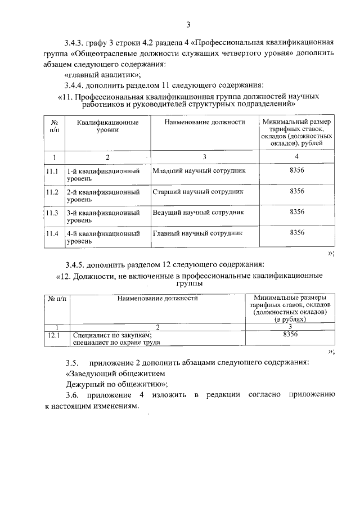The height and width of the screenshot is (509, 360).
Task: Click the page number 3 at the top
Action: [x=188, y=24]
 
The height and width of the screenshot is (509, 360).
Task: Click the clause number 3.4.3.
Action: [x=74, y=43]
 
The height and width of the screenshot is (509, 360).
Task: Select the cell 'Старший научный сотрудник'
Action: [x=198, y=192]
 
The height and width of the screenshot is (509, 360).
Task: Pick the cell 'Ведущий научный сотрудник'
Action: [x=198, y=213]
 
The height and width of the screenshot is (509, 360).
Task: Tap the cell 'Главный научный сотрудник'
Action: [x=197, y=233]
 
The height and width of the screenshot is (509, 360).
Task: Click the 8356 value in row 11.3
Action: [x=296, y=212]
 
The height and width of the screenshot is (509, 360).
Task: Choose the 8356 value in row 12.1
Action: [x=290, y=334]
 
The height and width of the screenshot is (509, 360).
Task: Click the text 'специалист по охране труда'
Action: [x=116, y=342]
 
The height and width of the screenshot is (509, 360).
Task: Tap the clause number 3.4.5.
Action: [x=74, y=264]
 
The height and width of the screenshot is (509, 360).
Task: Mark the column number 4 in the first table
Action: [x=296, y=157]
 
